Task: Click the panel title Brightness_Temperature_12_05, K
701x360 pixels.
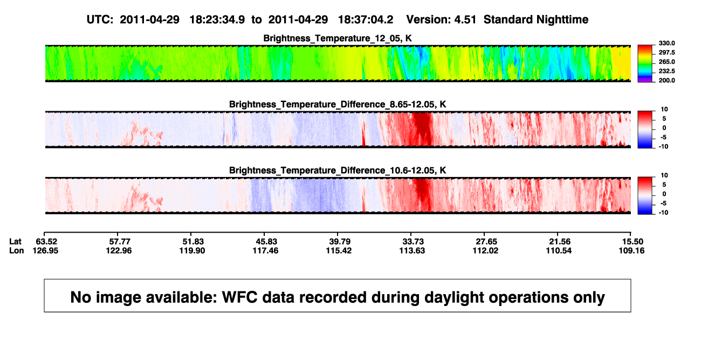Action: (338, 38)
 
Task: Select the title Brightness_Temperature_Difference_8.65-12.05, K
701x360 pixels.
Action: (338, 104)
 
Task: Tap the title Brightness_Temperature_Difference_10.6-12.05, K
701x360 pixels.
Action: (338, 171)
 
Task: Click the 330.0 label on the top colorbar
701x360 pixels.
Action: (666, 43)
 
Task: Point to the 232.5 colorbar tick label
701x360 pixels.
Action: (666, 71)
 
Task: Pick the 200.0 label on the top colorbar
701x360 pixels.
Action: (666, 80)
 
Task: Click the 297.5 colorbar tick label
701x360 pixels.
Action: (666, 53)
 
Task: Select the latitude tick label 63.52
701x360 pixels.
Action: (46, 242)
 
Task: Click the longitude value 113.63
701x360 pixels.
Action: (412, 250)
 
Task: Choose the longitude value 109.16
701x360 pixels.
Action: (631, 250)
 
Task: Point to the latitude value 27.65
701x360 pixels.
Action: (486, 242)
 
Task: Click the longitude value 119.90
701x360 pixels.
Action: (192, 250)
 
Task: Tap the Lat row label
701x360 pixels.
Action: (15, 242)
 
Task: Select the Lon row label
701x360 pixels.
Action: (16, 250)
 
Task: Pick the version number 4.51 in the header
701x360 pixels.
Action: (465, 20)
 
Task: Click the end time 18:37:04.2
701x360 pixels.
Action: (366, 20)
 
